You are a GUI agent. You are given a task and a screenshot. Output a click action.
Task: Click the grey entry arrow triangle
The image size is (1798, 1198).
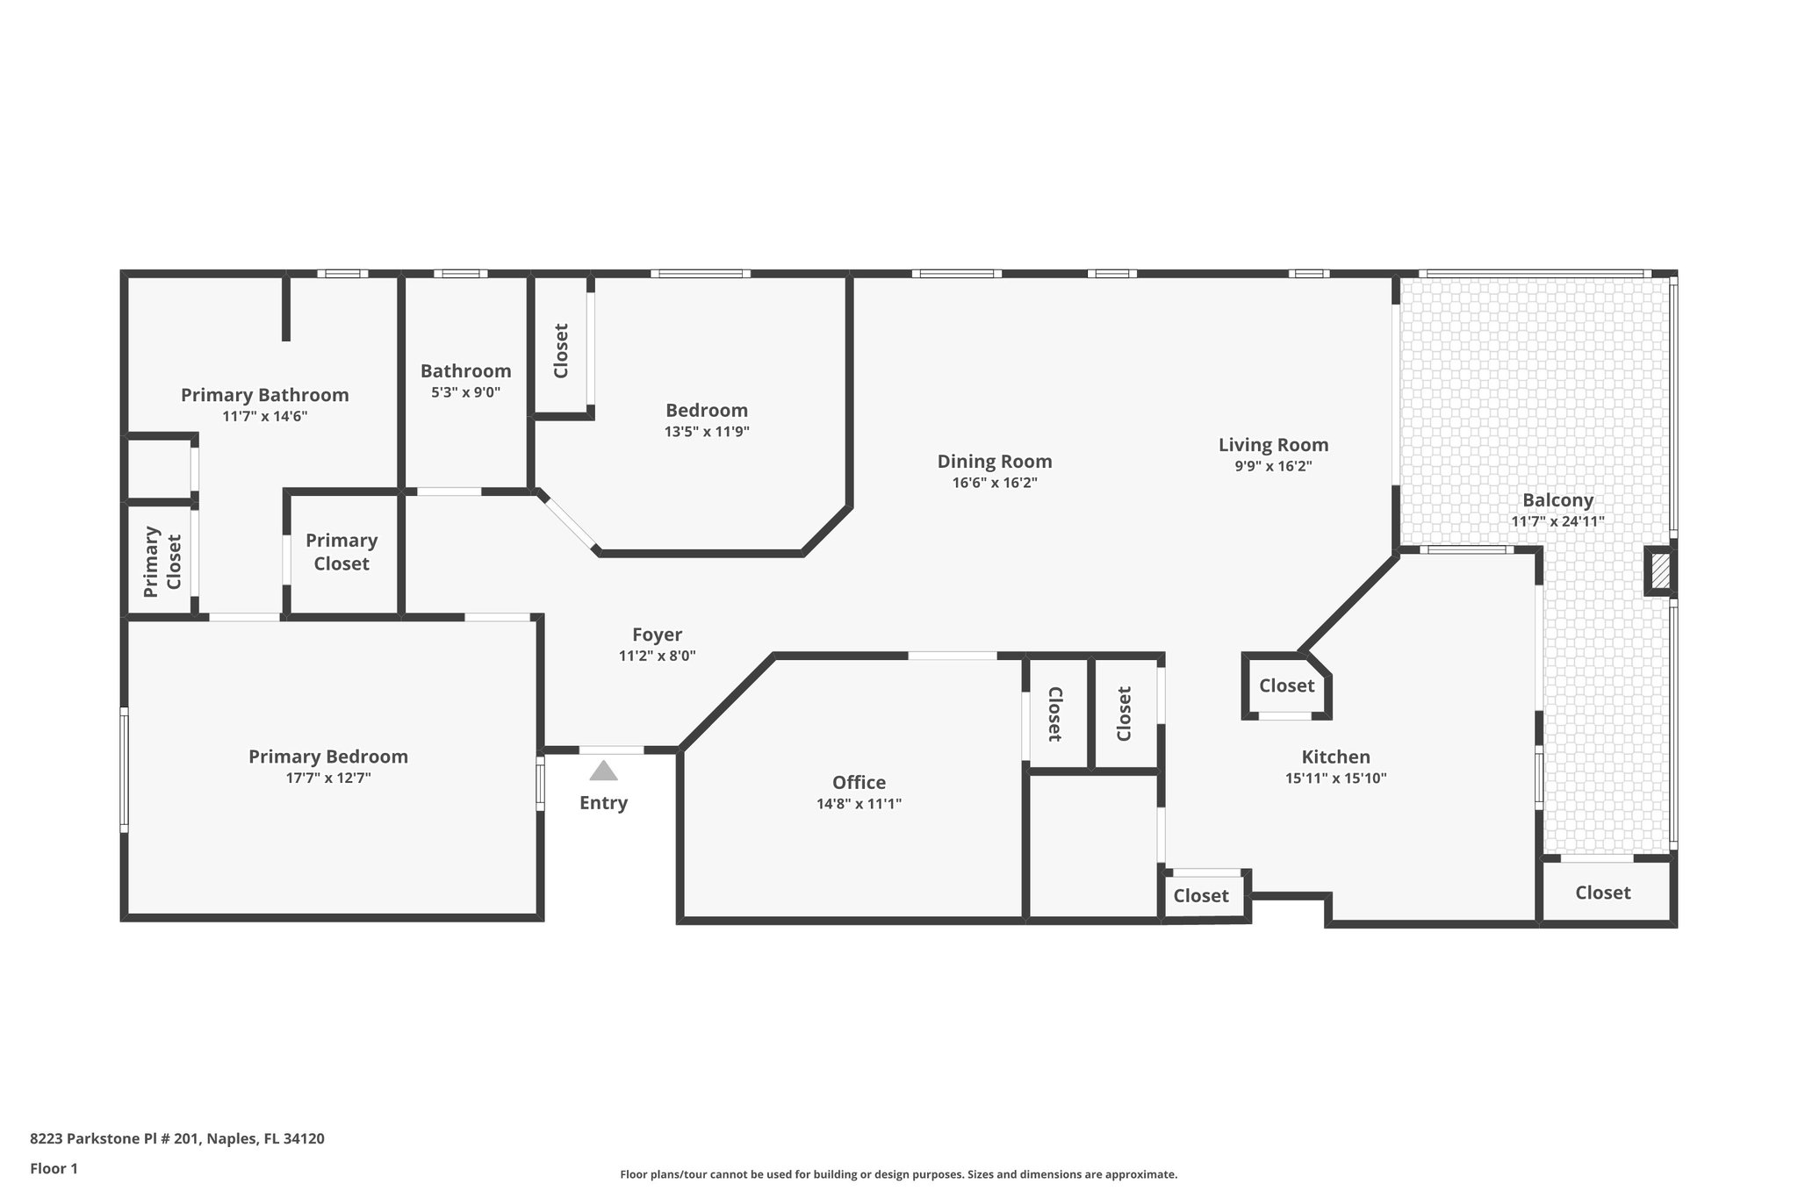[603, 771]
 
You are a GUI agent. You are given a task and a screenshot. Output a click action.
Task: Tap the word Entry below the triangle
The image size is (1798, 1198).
[603, 803]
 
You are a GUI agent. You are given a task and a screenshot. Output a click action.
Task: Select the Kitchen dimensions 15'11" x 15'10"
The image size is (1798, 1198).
[1335, 778]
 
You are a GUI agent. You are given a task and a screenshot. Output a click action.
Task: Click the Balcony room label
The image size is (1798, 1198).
[1557, 500]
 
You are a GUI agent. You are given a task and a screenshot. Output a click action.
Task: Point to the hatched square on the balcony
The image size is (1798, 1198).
[1659, 572]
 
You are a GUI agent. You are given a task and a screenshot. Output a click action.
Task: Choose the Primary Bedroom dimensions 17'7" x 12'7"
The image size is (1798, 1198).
[327, 778]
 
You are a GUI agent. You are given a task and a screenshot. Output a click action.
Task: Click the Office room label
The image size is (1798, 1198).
[859, 782]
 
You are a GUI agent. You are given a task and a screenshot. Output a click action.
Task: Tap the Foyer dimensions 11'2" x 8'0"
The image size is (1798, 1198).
[657, 656]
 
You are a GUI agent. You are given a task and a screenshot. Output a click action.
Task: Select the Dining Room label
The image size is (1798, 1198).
[994, 462]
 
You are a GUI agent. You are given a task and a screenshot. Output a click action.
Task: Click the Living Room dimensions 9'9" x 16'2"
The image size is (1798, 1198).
[1273, 467]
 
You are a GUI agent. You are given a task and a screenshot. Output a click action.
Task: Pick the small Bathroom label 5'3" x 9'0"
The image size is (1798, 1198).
[465, 392]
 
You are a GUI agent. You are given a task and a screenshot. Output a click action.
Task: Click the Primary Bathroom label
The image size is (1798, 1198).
[264, 395]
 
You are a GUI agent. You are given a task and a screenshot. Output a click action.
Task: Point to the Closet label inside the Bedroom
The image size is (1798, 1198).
[561, 351]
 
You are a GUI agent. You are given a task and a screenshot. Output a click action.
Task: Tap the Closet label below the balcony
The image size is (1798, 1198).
[1602, 893]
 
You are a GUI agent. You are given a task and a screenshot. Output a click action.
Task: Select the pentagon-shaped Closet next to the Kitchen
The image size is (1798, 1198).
[1286, 685]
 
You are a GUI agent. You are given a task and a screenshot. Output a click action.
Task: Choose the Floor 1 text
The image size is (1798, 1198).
[54, 1169]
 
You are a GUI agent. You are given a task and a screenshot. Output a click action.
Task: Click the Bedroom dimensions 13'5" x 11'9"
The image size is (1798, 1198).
[707, 432]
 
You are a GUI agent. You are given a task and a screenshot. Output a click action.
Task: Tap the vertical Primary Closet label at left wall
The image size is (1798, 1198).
[162, 562]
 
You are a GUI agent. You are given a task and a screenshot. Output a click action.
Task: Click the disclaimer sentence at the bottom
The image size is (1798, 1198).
[898, 1174]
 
